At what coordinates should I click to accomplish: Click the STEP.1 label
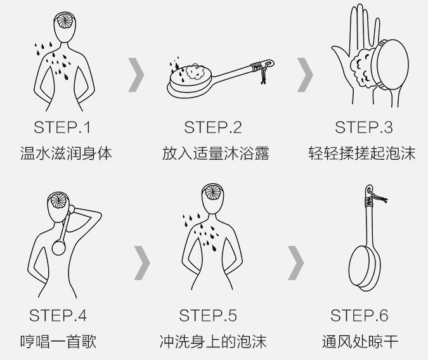click(62, 127)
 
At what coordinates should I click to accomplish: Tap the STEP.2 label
click(213, 127)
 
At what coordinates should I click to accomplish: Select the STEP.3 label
click(364, 127)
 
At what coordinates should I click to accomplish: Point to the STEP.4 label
click(58, 316)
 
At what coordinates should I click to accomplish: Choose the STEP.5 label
click(208, 316)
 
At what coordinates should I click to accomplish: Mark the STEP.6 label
click(360, 316)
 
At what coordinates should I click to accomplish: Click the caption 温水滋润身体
click(67, 153)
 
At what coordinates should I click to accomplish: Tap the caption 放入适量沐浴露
click(216, 153)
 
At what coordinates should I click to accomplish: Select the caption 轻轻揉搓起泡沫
click(362, 153)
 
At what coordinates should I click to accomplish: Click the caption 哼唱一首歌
click(58, 342)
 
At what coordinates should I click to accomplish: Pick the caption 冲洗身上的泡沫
click(213, 342)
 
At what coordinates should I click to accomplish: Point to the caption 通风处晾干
click(360, 342)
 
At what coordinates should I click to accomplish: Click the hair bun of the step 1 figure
click(65, 20)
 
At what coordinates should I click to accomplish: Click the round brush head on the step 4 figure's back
click(59, 248)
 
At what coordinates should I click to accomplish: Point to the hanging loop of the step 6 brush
click(369, 190)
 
